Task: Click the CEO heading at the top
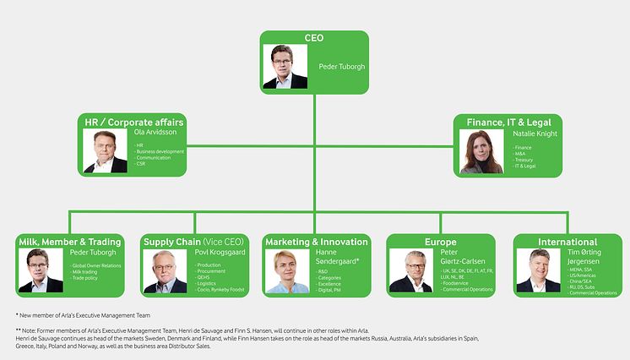coord(314,38)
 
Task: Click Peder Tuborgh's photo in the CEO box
coord(285,67)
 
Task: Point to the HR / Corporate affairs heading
coord(134,123)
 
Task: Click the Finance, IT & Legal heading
coord(508,123)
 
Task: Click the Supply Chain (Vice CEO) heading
coord(193,242)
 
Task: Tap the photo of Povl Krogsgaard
coord(166,271)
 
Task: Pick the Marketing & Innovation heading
coord(317,242)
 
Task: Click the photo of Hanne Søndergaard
coord(288,271)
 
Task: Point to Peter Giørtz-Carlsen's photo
coord(411,271)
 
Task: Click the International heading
coord(567,242)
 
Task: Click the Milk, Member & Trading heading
coord(71,242)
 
